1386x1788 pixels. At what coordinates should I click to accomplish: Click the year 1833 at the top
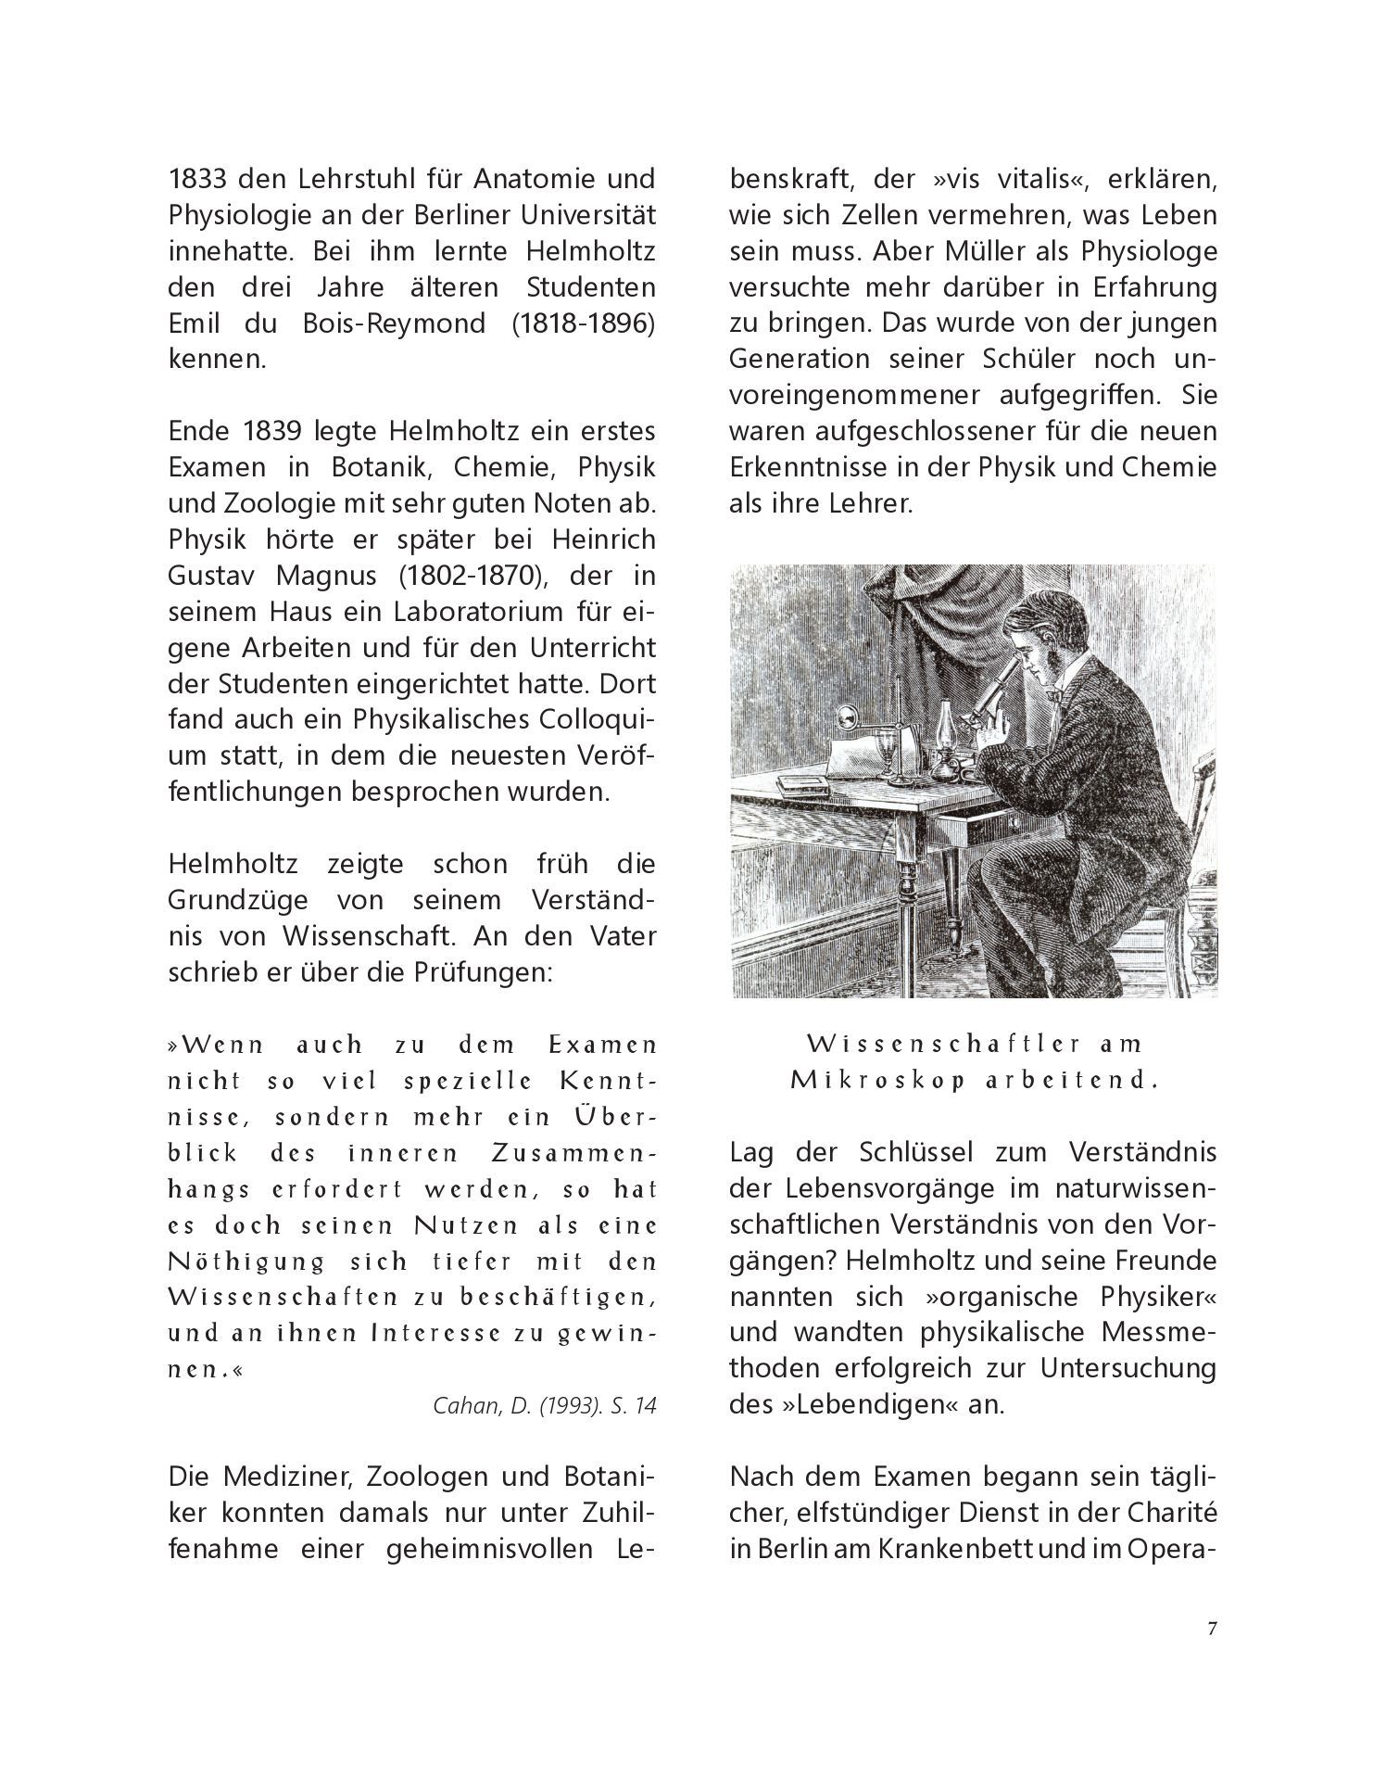pos(196,178)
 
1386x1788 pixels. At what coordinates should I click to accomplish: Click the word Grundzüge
pos(240,900)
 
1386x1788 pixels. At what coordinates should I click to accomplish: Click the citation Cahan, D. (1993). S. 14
pos(545,1405)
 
